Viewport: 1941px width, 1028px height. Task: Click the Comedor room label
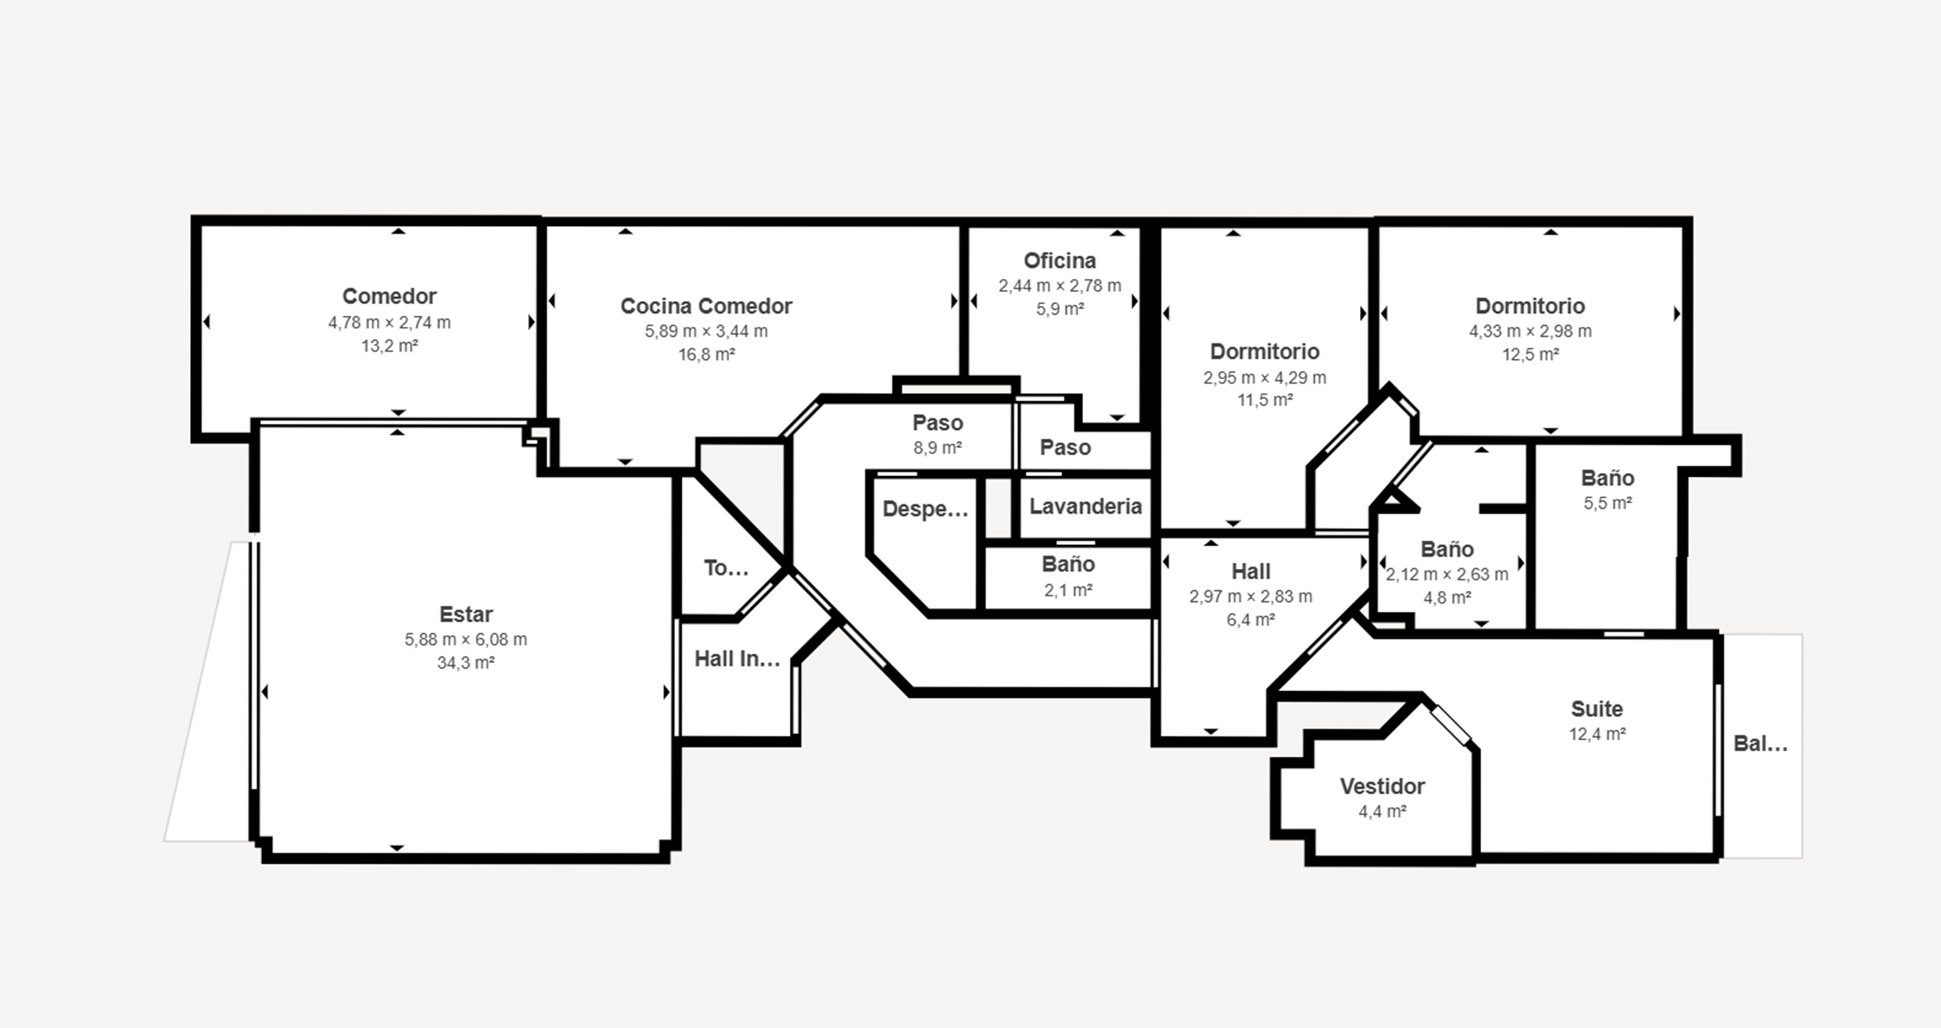[389, 296]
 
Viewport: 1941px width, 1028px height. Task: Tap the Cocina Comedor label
[706, 306]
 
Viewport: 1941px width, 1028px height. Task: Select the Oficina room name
[1060, 260]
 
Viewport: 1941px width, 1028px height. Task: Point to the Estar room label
[466, 614]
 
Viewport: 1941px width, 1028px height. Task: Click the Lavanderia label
[1085, 507]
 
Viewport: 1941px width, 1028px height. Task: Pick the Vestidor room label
[1383, 786]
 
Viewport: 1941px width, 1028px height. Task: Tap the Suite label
[1597, 709]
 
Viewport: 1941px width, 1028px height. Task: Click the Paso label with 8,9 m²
[938, 423]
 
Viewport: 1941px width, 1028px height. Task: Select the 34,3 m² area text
[466, 663]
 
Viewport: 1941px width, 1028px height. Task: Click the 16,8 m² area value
[706, 355]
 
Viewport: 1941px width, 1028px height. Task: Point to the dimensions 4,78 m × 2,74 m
[389, 322]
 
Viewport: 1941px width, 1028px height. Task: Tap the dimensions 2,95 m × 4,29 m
[1265, 378]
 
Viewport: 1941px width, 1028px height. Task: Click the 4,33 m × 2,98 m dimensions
[1530, 331]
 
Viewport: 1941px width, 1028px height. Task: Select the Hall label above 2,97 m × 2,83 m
[1251, 571]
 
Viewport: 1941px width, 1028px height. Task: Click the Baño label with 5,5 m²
[1608, 478]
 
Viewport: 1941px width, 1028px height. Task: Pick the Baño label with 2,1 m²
[1068, 564]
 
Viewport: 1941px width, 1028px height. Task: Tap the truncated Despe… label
[925, 510]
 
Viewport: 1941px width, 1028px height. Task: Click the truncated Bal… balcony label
[1761, 743]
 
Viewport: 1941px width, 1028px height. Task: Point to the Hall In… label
[737, 659]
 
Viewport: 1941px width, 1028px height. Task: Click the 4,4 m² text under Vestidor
[1383, 811]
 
